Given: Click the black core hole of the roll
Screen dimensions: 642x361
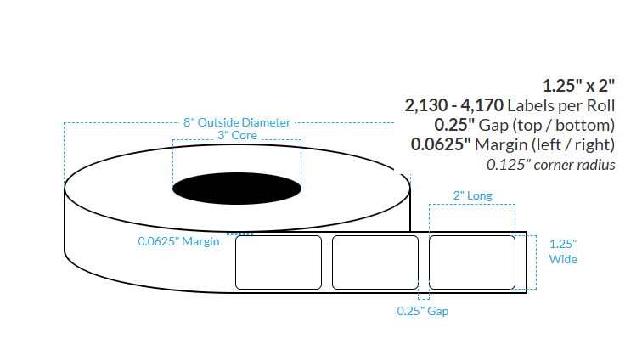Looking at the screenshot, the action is (x=237, y=189).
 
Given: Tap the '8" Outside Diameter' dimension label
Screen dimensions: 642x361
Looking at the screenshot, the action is (x=237, y=122).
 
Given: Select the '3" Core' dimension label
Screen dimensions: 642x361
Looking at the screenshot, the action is (x=237, y=135).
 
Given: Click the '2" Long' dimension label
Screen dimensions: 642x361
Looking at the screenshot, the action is (x=472, y=195).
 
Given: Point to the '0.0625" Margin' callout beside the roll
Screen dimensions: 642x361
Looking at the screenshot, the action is (x=178, y=241).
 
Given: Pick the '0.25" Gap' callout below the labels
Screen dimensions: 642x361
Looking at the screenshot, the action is (x=423, y=311).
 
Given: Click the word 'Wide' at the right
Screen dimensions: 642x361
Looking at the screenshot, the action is (x=563, y=259).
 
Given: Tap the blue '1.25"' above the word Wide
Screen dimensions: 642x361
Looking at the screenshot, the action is (x=563, y=244).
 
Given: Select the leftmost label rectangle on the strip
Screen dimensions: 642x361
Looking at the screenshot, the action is (x=279, y=262).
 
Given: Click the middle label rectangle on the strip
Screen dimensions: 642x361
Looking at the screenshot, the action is (x=375, y=262).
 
